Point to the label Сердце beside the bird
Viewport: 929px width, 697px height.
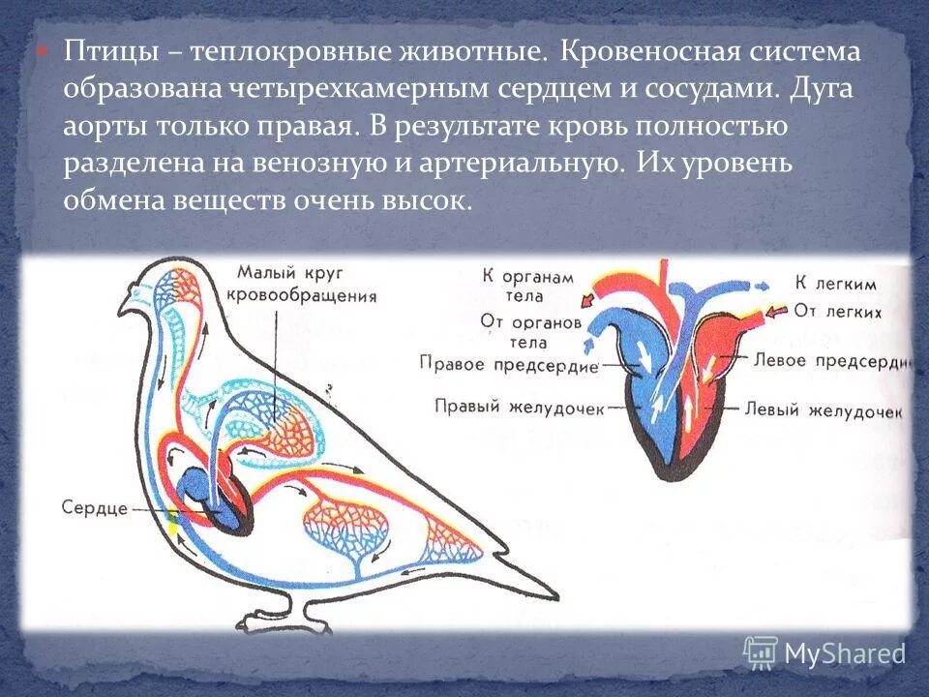click(95, 508)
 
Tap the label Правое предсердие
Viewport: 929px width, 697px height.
click(510, 364)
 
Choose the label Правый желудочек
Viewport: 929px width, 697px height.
click(520, 408)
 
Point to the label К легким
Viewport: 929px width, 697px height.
click(835, 285)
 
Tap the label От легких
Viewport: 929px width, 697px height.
click(838, 312)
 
